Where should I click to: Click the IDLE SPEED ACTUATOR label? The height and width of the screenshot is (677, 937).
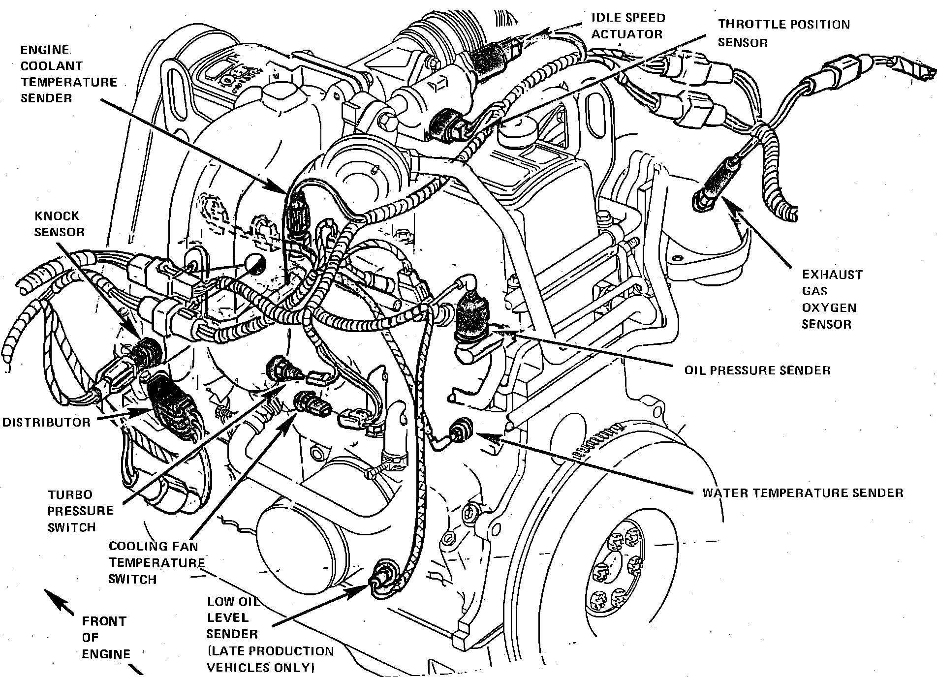coord(628,26)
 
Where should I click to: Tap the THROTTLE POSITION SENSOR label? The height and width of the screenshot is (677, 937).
coord(783,33)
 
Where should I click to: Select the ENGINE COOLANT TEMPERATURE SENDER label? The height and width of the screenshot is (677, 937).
coord(68,74)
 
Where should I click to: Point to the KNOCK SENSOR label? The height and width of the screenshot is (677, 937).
coord(59,224)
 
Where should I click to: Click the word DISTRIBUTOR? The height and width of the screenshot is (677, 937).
coord(47,422)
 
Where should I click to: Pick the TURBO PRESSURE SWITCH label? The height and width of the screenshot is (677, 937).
coord(80,511)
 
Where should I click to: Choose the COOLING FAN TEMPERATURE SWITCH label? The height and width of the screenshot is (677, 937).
coord(156,562)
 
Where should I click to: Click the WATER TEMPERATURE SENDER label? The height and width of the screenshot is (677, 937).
coord(802,492)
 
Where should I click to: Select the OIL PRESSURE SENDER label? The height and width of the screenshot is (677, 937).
coord(757,370)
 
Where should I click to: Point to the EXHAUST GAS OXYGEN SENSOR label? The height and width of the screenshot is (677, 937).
coord(832,299)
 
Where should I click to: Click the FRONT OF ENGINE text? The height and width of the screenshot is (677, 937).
coord(105,637)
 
